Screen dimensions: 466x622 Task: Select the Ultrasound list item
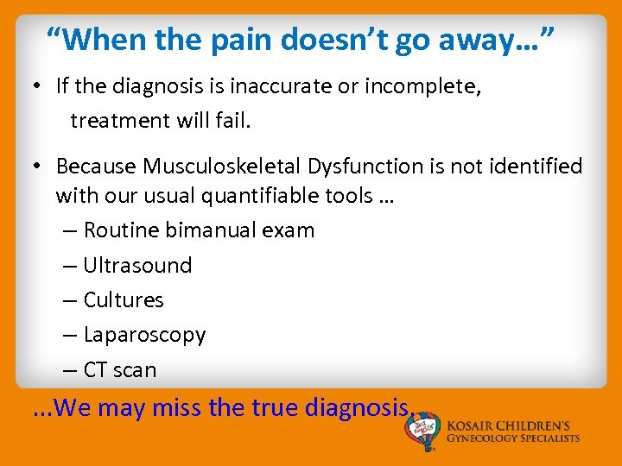pyautogui.click(x=137, y=265)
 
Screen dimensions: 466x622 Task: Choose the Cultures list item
pyautogui.click(x=124, y=299)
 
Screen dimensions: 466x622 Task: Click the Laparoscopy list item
pyautogui.click(x=144, y=335)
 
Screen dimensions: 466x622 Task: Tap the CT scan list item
pyautogui.click(x=120, y=370)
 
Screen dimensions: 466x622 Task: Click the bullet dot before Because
pyautogui.click(x=40, y=166)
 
